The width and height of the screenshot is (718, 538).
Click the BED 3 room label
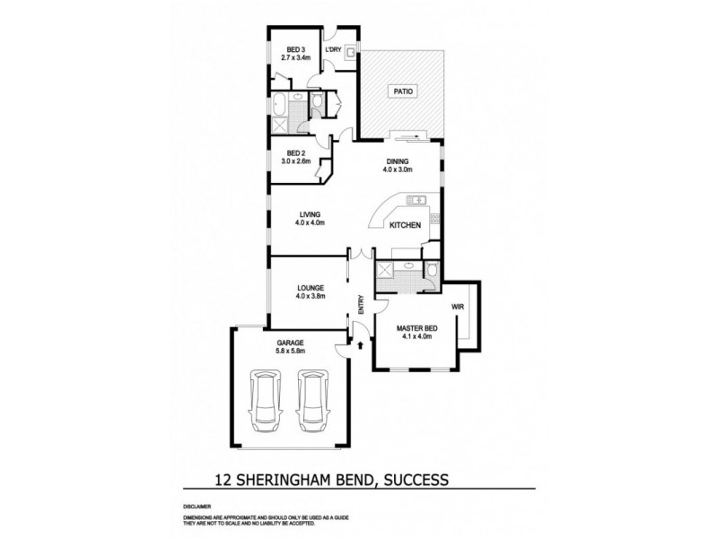click(x=295, y=49)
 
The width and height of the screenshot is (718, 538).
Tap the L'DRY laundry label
click(x=332, y=49)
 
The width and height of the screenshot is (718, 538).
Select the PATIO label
click(x=400, y=91)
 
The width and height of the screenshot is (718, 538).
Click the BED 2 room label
click(x=295, y=153)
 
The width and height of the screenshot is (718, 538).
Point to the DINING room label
click(x=397, y=161)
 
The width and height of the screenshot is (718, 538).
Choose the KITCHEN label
click(x=404, y=227)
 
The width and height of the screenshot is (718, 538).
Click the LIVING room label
click(x=309, y=214)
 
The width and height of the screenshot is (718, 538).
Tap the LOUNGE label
click(x=309, y=288)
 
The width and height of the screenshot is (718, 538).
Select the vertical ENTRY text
click(x=361, y=304)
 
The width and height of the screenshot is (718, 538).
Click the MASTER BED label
click(x=415, y=328)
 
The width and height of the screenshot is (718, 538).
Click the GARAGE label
click(x=292, y=343)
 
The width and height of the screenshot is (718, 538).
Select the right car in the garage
click(x=311, y=402)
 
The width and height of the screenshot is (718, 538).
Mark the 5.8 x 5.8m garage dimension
click(x=292, y=351)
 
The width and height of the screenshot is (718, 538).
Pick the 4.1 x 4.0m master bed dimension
click(x=415, y=337)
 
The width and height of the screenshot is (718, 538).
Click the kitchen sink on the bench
click(x=416, y=200)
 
